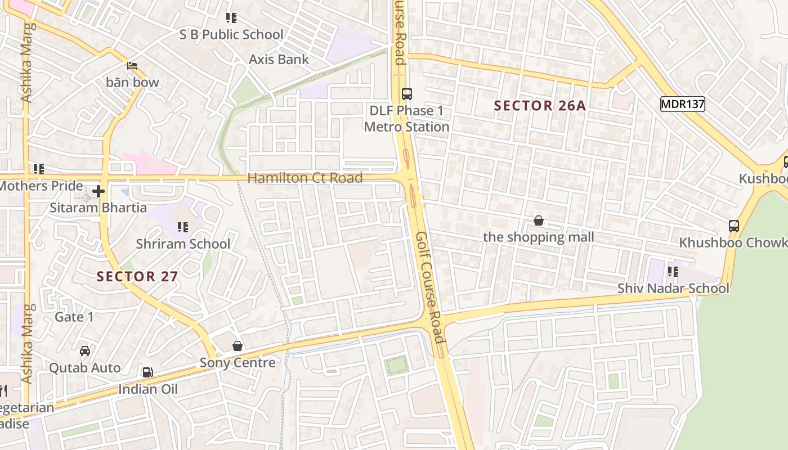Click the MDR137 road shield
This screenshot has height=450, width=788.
682,103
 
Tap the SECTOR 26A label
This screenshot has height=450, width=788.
540,106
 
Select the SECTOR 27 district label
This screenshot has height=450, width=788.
137,276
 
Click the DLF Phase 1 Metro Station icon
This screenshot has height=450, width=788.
406,93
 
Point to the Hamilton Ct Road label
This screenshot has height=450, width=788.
305,178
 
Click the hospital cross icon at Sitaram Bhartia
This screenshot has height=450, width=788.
98,192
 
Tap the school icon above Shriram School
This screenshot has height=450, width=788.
183,227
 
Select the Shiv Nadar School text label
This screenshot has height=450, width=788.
673,288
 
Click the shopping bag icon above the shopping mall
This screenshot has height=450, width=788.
539,220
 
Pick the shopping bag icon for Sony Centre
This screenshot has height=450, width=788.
238,346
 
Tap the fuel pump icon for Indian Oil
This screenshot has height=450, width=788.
147,372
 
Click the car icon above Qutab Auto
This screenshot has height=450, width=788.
85,351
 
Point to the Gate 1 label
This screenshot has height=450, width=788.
74,317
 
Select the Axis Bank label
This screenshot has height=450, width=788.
279,59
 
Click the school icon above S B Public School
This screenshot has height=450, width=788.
231,18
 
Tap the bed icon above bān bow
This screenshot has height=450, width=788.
132,66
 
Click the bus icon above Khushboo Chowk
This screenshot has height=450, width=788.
733,226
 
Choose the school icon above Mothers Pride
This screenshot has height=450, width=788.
39,169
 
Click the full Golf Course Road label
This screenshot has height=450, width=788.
430,287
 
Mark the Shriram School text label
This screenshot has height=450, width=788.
183,244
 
